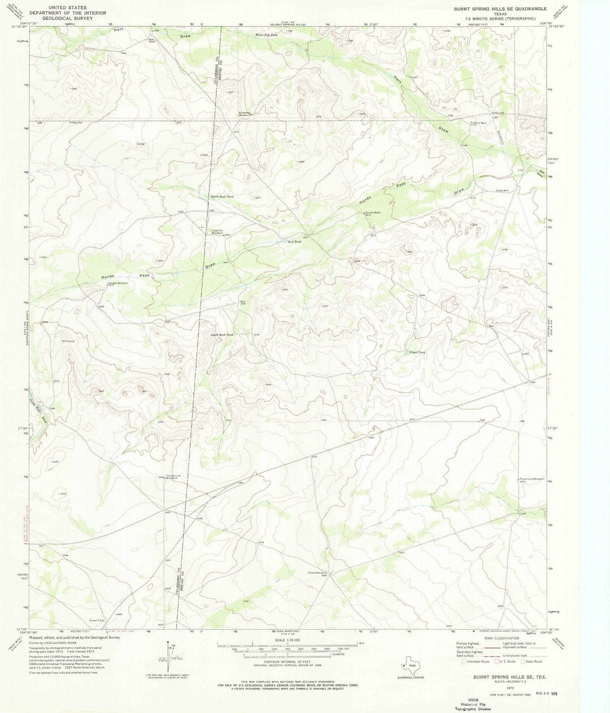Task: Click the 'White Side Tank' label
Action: [x=267, y=35]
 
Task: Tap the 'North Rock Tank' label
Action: [x=222, y=197]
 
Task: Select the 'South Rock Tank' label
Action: [x=222, y=335]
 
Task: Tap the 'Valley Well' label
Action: [x=502, y=191]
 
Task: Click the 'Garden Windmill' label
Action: [x=119, y=282]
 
